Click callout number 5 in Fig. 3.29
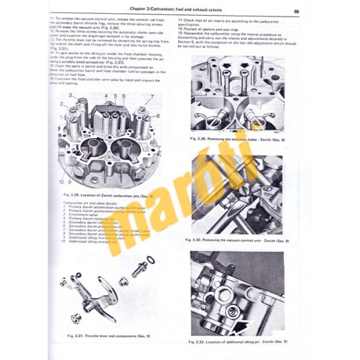tap(115, 96)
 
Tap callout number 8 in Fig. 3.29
tap(158, 116)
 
